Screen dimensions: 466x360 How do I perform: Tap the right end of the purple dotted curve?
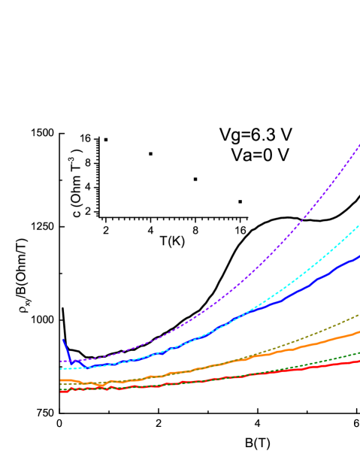(x=359, y=144)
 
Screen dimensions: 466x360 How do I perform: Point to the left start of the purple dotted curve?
(x=61, y=362)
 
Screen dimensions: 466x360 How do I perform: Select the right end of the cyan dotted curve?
(x=359, y=223)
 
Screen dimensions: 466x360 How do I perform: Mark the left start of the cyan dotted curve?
(x=61, y=368)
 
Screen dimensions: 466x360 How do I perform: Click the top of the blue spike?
(x=63, y=339)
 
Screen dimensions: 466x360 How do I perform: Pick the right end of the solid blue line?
(x=359, y=256)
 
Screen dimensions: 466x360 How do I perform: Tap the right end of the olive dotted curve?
(x=359, y=314)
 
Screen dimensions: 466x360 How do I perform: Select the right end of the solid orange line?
(x=359, y=331)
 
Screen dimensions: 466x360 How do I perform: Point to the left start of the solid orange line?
(x=61, y=380)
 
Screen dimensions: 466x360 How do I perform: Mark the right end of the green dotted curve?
(x=359, y=351)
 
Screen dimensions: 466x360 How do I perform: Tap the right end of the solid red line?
(x=359, y=361)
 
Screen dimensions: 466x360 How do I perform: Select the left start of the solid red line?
(x=61, y=391)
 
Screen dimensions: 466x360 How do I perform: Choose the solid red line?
(x=225, y=377)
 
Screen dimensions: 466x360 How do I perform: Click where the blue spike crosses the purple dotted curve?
(x=69, y=361)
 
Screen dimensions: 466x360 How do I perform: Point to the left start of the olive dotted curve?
(x=61, y=384)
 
